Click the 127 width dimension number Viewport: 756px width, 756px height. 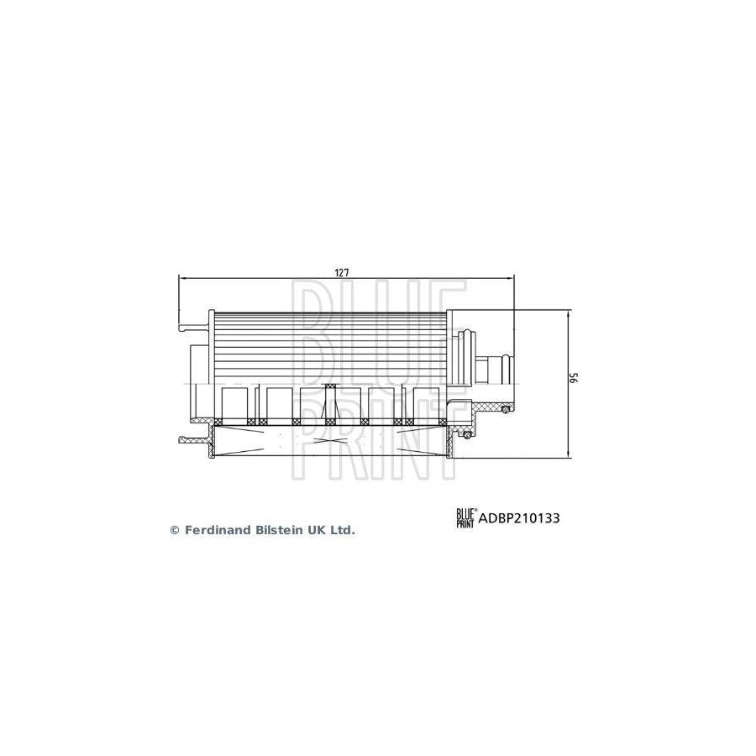(x=342, y=273)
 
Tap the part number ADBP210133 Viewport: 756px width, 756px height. (x=519, y=518)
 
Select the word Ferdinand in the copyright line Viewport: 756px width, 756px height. (x=213, y=530)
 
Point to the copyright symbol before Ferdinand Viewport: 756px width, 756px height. (x=175, y=530)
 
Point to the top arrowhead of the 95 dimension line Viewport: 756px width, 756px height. (x=570, y=313)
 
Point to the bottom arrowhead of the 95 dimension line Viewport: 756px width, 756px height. (x=570, y=454)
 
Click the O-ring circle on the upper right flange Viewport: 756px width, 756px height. (x=506, y=409)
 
